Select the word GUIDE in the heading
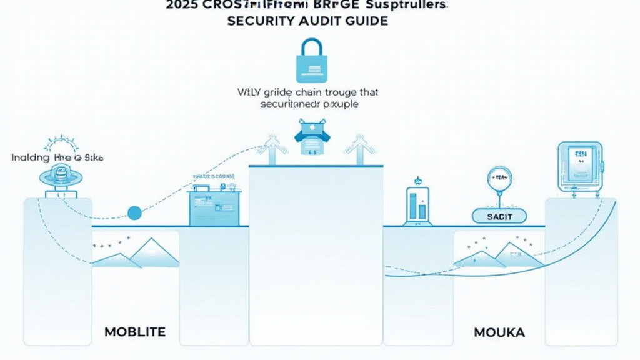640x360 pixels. click(366, 21)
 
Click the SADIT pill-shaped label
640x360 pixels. click(499, 216)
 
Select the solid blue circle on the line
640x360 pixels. click(134, 212)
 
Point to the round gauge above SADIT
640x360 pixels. click(498, 179)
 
